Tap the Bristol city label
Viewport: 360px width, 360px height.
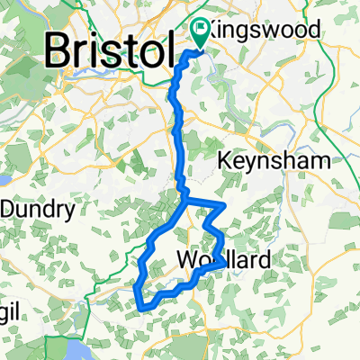tap(106, 51)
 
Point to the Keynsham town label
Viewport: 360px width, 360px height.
tap(276, 163)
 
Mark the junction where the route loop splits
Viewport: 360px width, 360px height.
tap(187, 201)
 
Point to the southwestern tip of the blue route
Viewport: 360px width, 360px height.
tap(141, 306)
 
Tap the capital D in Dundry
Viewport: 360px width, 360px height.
tap(6, 210)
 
